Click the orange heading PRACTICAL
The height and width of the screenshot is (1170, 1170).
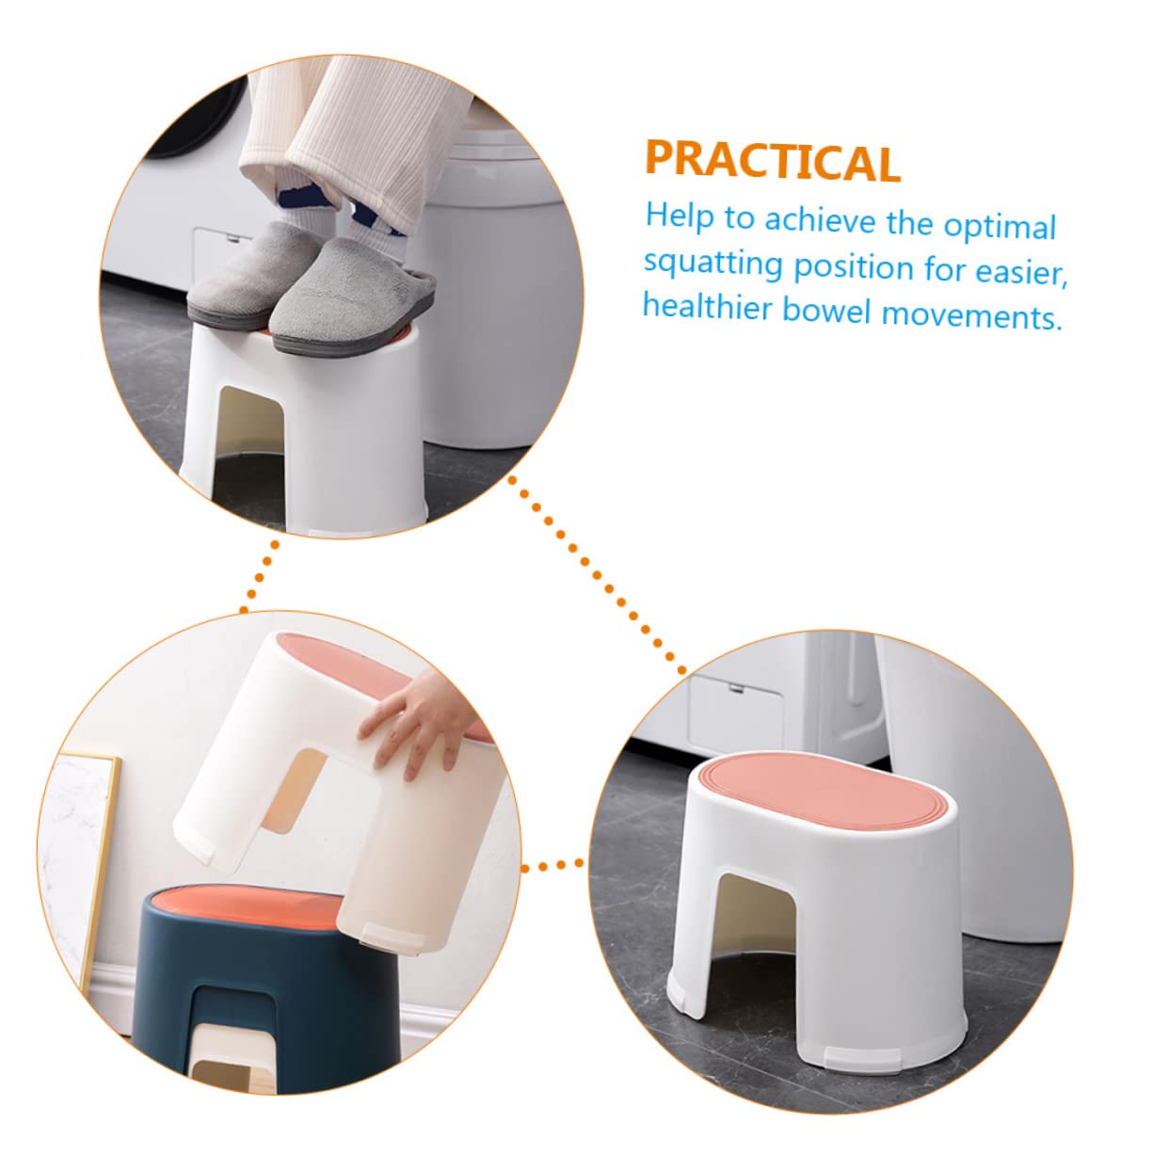pos(772,161)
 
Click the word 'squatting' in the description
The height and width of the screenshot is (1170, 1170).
pos(713,263)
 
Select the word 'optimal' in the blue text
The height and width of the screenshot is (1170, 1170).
pos(1000,227)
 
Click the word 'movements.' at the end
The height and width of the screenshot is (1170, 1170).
pos(971,315)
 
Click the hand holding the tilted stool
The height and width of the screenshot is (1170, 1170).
pos(419,723)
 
